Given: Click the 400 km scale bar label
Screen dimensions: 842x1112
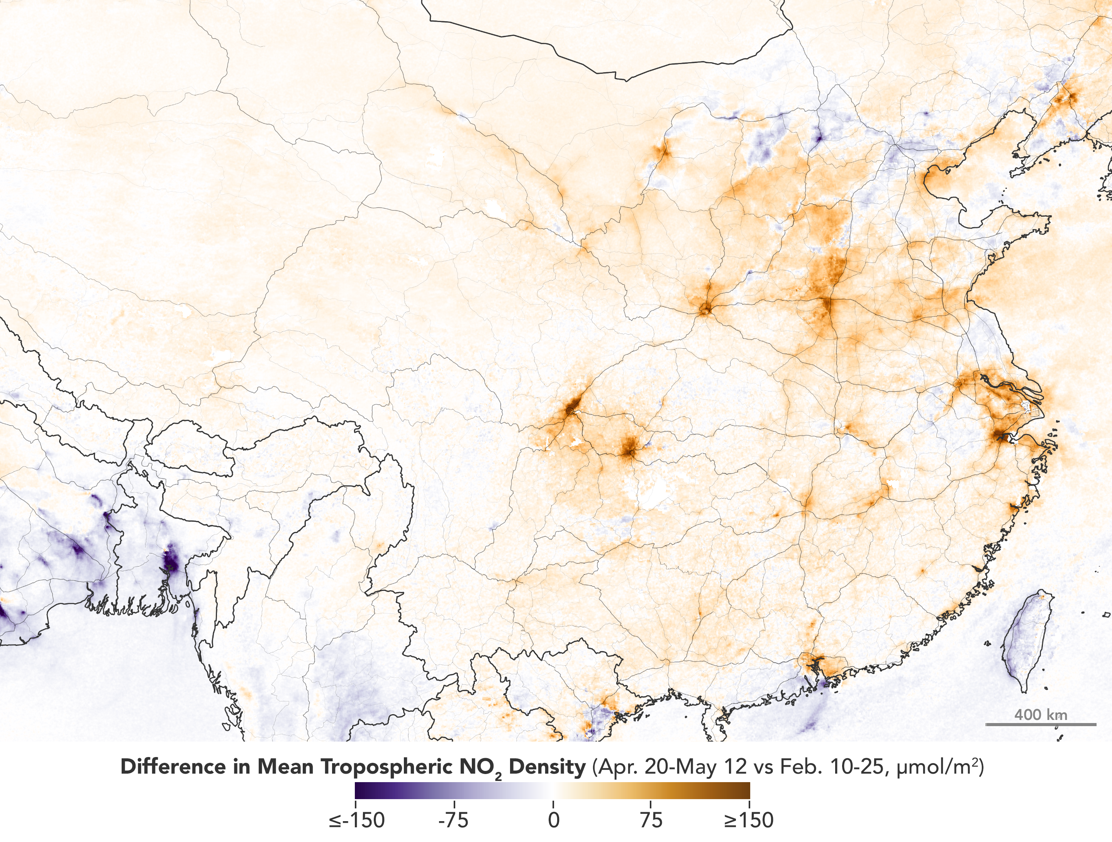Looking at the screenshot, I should tap(1041, 715).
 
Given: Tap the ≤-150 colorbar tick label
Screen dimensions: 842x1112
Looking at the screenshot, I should tap(357, 820).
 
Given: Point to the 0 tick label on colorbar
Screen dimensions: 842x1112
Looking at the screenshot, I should tap(553, 820).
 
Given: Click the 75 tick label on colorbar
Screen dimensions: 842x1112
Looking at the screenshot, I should tap(651, 820).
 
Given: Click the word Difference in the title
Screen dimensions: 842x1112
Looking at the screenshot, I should tap(173, 767).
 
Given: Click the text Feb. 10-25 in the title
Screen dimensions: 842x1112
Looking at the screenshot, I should tap(834, 767).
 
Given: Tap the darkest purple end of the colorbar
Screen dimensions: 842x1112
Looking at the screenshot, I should tap(358, 790).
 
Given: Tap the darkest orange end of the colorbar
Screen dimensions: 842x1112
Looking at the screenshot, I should tap(747, 790).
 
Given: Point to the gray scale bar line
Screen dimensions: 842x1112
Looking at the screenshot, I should tap(1041, 724).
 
